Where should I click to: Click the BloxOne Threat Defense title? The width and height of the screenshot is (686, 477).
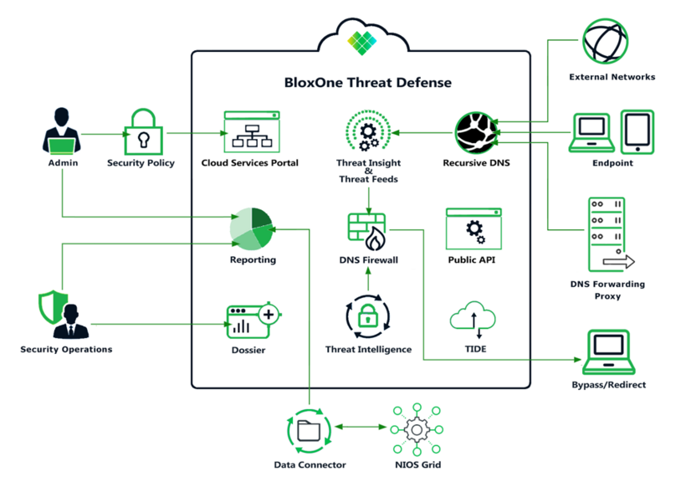(x=367, y=83)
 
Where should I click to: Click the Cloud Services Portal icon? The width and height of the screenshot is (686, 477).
(x=250, y=131)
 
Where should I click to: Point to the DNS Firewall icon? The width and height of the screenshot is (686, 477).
(x=368, y=232)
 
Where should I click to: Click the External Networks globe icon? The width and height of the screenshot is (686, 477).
(x=606, y=42)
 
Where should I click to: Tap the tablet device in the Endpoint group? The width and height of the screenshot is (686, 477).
(x=637, y=131)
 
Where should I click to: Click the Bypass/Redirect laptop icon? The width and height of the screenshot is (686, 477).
(x=608, y=351)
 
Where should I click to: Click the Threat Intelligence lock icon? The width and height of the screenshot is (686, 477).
(x=368, y=317)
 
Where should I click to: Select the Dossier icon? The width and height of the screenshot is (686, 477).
(x=250, y=320)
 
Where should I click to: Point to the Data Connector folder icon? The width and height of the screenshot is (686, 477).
(x=310, y=430)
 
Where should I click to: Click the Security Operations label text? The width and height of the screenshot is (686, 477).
(x=66, y=349)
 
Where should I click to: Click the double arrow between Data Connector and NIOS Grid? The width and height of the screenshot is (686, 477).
(x=361, y=428)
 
